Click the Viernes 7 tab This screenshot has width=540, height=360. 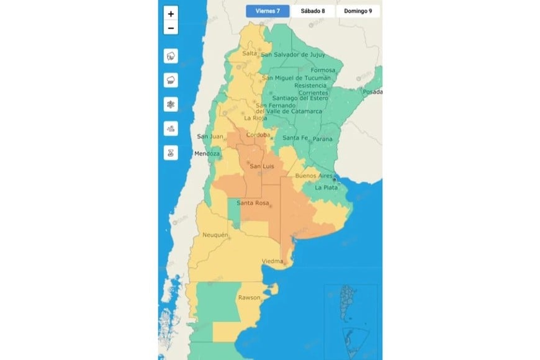point(267,11)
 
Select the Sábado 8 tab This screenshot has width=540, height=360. point(313,11)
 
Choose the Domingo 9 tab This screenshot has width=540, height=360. point(358,11)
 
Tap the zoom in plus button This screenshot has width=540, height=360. point(171,14)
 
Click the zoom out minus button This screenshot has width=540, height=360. point(171,28)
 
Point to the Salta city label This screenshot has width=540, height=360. point(250,53)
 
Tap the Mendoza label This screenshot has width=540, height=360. point(207,153)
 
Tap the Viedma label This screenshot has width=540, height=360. point(272,260)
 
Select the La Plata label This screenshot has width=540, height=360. point(326,187)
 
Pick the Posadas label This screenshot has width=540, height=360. point(374,92)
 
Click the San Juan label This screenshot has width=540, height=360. point(209,137)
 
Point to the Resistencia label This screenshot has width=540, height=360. point(319,85)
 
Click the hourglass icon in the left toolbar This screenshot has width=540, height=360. point(171,153)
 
